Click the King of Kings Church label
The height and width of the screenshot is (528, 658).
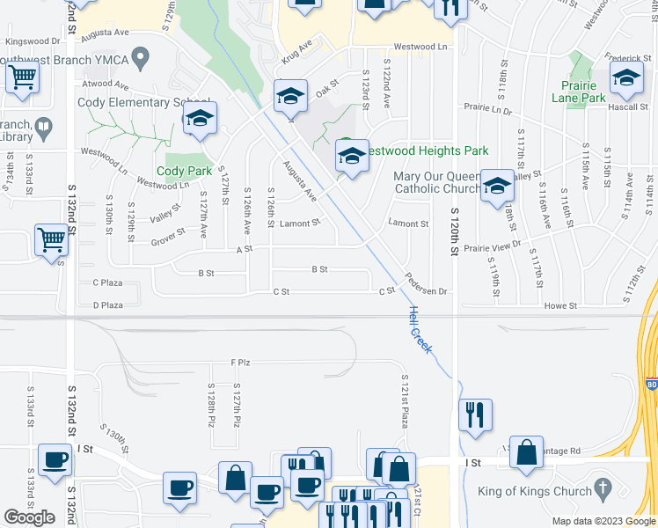532,492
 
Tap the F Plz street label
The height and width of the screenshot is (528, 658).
240,362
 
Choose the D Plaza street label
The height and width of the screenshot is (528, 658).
108,304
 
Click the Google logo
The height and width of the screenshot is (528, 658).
30,517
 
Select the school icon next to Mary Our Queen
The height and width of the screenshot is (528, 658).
497,185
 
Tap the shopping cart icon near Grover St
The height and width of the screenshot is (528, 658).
52,238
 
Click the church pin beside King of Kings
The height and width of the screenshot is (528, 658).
602,487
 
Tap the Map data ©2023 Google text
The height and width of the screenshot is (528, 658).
603,521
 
